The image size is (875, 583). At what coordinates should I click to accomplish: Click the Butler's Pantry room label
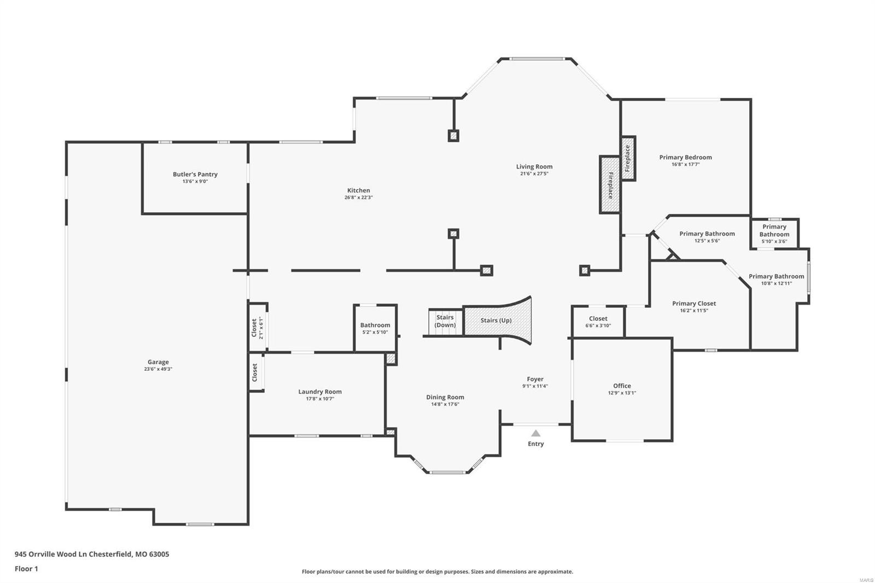[x=195, y=174]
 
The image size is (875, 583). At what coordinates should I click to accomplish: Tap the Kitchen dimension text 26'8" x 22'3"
[x=359, y=197]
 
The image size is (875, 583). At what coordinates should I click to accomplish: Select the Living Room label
[x=534, y=167]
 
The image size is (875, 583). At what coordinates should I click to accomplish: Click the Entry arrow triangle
[x=536, y=433]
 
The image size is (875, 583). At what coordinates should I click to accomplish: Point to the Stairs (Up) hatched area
[x=497, y=320]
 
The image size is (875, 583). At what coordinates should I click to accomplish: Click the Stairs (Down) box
[x=445, y=322]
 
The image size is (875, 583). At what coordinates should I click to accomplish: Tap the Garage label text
[x=158, y=362]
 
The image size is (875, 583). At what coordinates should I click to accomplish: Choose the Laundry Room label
[x=320, y=392]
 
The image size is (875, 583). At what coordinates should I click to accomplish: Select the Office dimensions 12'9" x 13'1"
[x=622, y=393]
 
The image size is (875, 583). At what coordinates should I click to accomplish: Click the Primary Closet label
[x=694, y=304]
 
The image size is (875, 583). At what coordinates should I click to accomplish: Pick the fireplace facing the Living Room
[x=610, y=185]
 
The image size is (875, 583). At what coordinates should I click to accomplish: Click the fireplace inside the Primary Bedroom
[x=628, y=159]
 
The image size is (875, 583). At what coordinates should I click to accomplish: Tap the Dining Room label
[x=445, y=398]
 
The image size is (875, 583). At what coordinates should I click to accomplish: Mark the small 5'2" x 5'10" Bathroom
[x=375, y=328]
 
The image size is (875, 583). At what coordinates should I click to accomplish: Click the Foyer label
[x=535, y=379]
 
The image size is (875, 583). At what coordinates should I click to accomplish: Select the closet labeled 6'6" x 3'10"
[x=598, y=322]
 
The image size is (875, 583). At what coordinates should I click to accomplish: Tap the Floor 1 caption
[x=26, y=569]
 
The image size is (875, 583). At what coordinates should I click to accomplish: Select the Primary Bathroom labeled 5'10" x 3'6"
[x=774, y=234]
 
